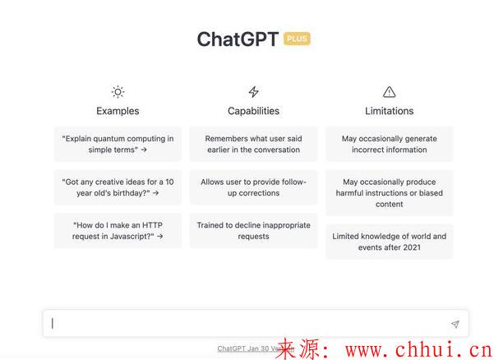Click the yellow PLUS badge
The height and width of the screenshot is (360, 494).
tap(297, 39)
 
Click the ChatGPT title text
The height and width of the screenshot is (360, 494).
tap(238, 39)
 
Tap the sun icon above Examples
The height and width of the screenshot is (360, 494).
tap(118, 92)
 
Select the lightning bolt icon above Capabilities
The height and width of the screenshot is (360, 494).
tap(254, 92)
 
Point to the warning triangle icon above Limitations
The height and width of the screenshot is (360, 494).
tap(390, 92)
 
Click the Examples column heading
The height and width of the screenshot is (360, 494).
tap(118, 111)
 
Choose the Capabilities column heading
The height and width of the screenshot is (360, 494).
tap(254, 111)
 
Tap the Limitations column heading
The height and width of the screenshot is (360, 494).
tap(390, 111)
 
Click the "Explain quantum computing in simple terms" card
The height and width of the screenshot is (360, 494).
tap(118, 145)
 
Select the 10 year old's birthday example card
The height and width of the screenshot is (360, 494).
tap(118, 187)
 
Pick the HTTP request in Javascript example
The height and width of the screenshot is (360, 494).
tap(118, 231)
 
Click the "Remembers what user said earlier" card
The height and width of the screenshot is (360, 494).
tap(254, 145)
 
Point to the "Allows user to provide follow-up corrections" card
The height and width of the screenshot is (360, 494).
tap(254, 187)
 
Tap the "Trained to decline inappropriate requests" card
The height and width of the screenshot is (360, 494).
tap(254, 231)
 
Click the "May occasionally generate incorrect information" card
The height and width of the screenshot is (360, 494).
tap(390, 145)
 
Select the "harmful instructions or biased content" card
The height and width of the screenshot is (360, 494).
tap(390, 193)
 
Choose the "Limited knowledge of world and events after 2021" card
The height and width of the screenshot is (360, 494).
tap(390, 242)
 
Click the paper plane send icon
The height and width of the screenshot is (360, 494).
tap(455, 324)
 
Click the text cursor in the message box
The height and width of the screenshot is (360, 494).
tap(53, 324)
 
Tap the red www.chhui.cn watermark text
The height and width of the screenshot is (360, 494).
tap(419, 349)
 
